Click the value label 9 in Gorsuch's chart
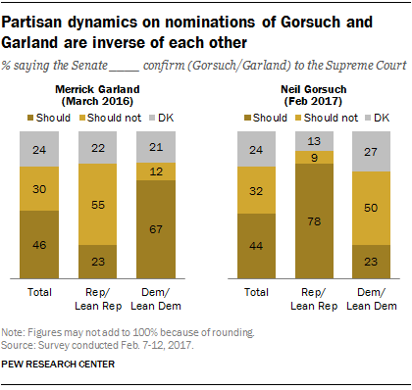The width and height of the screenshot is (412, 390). pos(314,156)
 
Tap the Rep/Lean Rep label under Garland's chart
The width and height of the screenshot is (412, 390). pos(99,297)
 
